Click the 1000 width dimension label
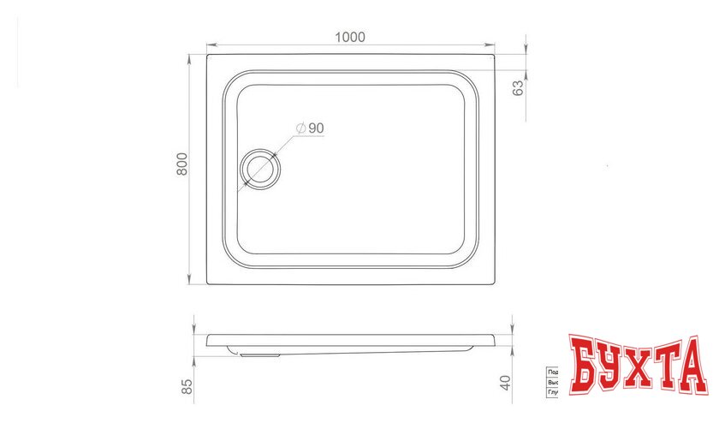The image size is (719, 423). point(351,37)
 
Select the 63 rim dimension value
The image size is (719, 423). point(518,87)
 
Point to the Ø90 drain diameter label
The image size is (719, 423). point(310,128)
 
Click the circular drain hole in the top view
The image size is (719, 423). point(258,168)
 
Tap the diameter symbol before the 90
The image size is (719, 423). point(300,128)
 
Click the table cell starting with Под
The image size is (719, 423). point(553,372)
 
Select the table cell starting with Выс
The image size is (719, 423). point(553,384)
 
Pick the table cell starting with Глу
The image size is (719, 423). point(553,394)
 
